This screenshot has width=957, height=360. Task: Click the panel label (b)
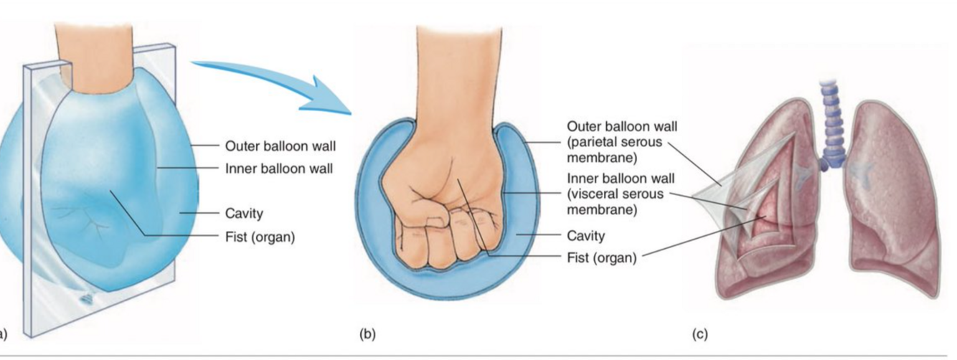pyautogui.click(x=367, y=333)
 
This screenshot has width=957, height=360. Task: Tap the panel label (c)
pyautogui.click(x=699, y=333)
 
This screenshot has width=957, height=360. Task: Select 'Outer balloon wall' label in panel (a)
pyautogui.click(x=280, y=146)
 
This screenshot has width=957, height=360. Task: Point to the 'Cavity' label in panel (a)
pyautogui.click(x=244, y=213)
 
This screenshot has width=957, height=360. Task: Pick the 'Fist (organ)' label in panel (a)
pyautogui.click(x=260, y=237)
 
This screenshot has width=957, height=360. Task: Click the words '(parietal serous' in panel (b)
pyautogui.click(x=615, y=141)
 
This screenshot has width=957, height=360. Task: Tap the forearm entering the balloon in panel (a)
pyautogui.click(x=97, y=50)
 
